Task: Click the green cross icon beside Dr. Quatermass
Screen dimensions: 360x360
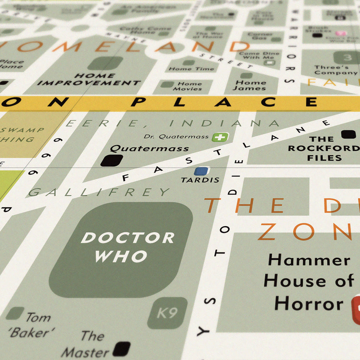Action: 220,137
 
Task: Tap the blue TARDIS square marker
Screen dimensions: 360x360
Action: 201,171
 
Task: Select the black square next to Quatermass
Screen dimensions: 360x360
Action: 112,161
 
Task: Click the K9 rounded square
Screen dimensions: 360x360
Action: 167,313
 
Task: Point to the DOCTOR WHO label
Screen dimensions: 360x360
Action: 127,247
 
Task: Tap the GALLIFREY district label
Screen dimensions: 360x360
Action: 99,192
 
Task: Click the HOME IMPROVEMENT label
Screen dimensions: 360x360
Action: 89,79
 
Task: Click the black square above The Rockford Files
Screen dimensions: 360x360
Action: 348,134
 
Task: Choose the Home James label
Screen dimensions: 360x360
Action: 251,86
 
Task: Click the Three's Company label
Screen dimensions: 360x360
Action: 332,70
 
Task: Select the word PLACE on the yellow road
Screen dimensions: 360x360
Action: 224,102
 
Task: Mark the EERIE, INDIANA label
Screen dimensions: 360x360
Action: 173,123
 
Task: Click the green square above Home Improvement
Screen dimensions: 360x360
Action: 105,63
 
